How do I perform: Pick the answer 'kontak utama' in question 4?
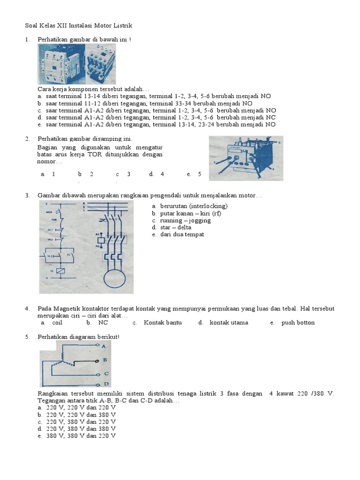pyautogui.click(x=229, y=322)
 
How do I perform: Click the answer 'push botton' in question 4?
pyautogui.click(x=298, y=322)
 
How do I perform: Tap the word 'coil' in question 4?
pyautogui.click(x=57, y=322)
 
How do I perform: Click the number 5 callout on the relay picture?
pyautogui.click(x=279, y=142)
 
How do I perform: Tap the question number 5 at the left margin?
pyautogui.click(x=28, y=337)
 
